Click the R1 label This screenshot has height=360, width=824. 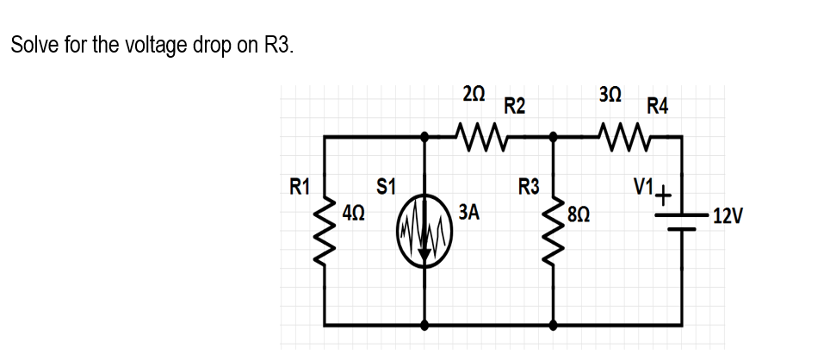[x=300, y=185]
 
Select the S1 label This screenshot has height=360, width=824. [x=387, y=185]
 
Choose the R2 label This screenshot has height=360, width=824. [x=515, y=107]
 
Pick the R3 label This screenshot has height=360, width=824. [x=529, y=185]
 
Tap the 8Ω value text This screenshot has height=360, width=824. [x=578, y=212]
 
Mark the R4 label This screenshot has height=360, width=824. [x=658, y=107]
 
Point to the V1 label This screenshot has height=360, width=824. [x=643, y=185]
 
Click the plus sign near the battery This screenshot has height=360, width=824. [x=664, y=193]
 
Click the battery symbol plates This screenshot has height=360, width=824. [x=681, y=222]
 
